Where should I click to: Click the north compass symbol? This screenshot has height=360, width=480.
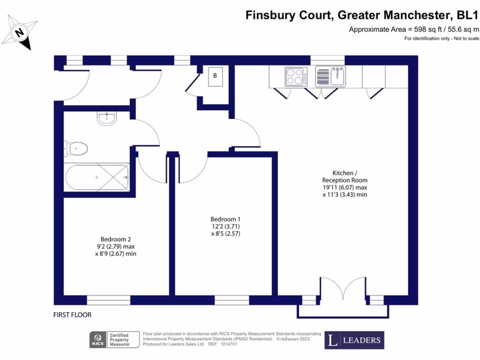19,32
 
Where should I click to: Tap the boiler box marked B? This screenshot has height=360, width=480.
215,76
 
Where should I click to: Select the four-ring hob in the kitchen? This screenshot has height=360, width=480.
296,76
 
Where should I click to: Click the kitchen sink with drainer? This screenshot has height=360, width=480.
330,76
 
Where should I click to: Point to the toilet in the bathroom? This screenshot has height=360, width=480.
76,149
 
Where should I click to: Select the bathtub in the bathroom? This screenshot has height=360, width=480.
97,177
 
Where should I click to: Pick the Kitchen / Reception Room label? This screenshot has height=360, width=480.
345,176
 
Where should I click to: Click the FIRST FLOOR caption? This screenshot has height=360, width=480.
72,315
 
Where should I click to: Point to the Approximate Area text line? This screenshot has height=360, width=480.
414,30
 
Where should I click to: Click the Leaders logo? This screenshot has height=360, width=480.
354,340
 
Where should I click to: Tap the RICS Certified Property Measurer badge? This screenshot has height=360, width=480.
115,340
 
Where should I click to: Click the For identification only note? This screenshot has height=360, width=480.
442,38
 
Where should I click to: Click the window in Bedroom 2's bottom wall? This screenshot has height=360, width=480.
109,300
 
